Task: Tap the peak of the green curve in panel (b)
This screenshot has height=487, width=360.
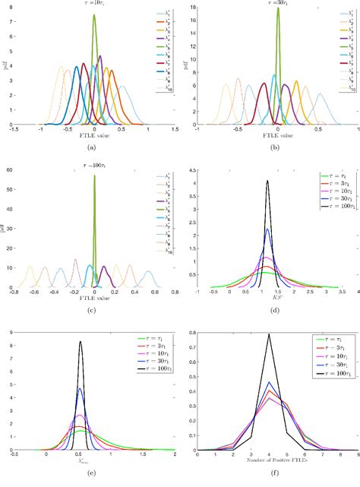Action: click(278, 9)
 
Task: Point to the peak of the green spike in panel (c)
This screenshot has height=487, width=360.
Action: click(94, 176)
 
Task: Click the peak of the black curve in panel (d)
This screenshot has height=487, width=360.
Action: click(267, 180)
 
